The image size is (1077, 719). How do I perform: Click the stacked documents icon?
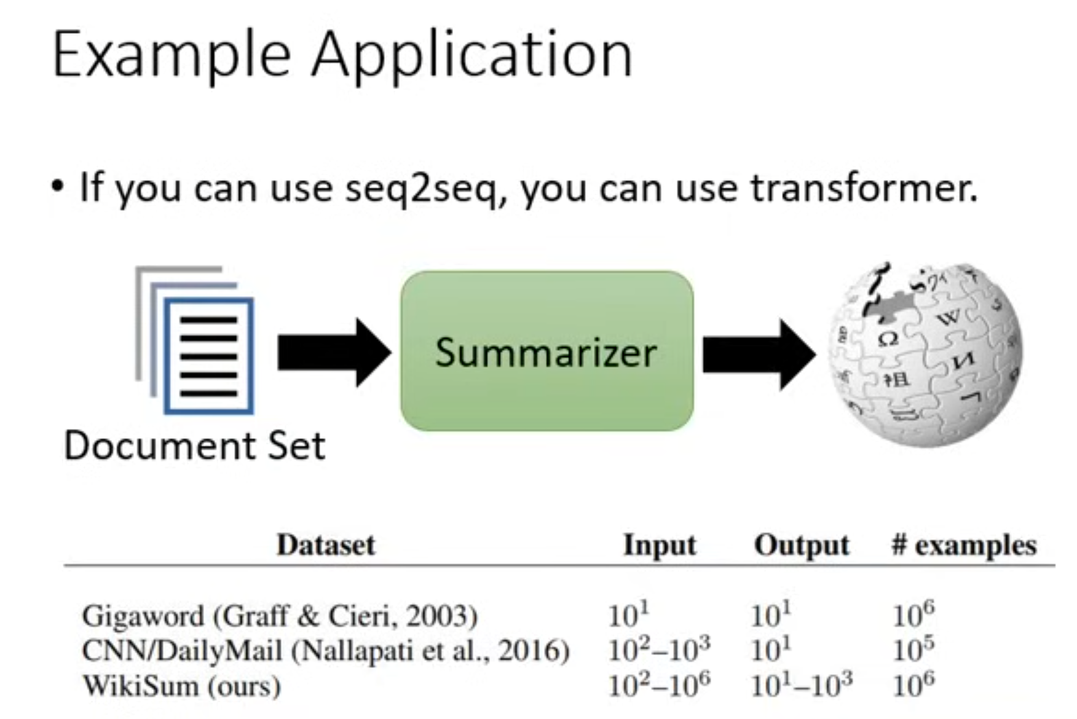194,340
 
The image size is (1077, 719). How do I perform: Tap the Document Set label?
194,446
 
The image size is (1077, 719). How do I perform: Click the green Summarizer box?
546,351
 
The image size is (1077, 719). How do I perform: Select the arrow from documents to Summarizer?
334,353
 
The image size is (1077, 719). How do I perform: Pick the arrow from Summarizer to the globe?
759,355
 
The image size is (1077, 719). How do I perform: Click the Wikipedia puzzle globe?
925,355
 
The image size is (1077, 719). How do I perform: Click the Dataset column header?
326,544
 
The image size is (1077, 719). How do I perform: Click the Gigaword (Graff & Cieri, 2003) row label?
280,616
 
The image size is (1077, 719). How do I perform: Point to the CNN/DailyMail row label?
326,651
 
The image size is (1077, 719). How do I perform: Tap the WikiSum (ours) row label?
182,686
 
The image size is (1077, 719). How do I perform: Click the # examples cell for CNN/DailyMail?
913,649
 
